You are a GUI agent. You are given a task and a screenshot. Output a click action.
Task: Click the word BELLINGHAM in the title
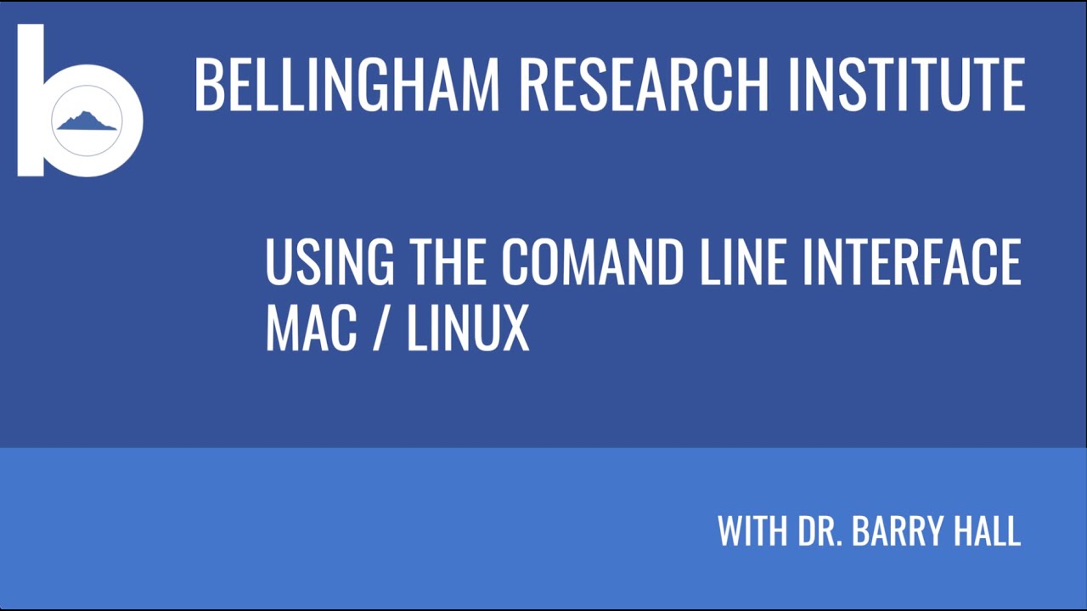pyautogui.click(x=346, y=84)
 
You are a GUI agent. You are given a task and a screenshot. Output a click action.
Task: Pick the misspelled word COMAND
pyautogui.click(x=592, y=262)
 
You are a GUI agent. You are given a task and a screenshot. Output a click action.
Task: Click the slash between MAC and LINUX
pyautogui.click(x=381, y=328)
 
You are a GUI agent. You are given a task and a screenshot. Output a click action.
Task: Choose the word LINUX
pyautogui.click(x=468, y=328)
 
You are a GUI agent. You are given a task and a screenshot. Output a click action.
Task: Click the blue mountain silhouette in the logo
pyautogui.click(x=87, y=121)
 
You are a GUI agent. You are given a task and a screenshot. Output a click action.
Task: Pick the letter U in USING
pyautogui.click(x=279, y=262)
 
